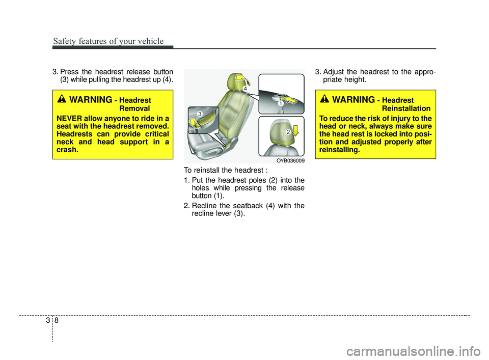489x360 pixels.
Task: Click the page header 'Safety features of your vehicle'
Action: click(108, 41)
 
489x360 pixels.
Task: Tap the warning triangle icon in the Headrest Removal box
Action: click(62, 99)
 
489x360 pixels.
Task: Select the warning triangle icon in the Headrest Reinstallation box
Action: click(324, 99)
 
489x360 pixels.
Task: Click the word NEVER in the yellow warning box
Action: click(69, 119)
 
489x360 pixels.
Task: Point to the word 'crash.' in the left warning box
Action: click(67, 150)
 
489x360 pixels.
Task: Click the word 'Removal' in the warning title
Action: click(134, 108)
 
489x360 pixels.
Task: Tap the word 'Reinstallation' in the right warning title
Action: click(406, 108)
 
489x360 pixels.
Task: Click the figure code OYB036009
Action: click(290, 161)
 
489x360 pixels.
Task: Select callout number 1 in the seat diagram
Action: click(281, 103)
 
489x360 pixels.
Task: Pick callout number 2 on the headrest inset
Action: click(288, 132)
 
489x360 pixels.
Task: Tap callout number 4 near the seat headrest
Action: click(246, 89)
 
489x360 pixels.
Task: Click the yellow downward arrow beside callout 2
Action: click(295, 130)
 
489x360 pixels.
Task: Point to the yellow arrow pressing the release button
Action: click(291, 101)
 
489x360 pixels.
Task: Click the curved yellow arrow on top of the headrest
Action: click(242, 78)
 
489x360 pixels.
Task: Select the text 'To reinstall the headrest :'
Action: click(226, 170)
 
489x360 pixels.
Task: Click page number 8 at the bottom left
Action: click(57, 320)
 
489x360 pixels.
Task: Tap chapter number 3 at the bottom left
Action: click(48, 320)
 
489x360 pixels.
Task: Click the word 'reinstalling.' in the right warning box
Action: click(340, 150)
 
